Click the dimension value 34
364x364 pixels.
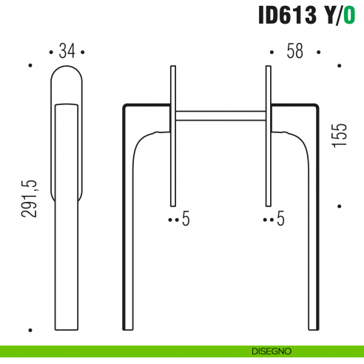point(67,52)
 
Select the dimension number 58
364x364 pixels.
point(295,52)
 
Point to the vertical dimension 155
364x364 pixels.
point(340,135)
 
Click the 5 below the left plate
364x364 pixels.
point(186,219)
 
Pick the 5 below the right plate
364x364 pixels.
point(280,219)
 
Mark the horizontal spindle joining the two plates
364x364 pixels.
point(219,115)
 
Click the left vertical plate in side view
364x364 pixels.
point(173,137)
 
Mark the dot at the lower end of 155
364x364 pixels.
point(339,206)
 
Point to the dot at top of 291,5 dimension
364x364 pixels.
point(30,66)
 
